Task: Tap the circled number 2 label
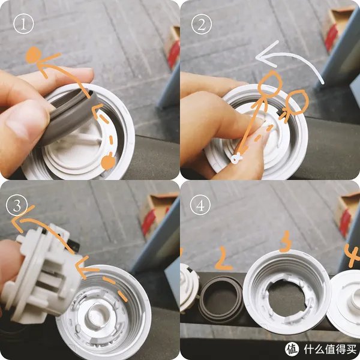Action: pyautogui.click(x=200, y=25)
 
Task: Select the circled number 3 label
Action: pyautogui.click(x=16, y=205)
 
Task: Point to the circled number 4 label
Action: pyautogui.click(x=200, y=205)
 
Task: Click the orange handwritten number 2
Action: pyautogui.click(x=224, y=259)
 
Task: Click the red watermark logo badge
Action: pyautogui.click(x=292, y=349)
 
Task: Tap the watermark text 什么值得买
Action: pyautogui.click(x=328, y=349)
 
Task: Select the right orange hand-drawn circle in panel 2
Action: pyautogui.click(x=297, y=102)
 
